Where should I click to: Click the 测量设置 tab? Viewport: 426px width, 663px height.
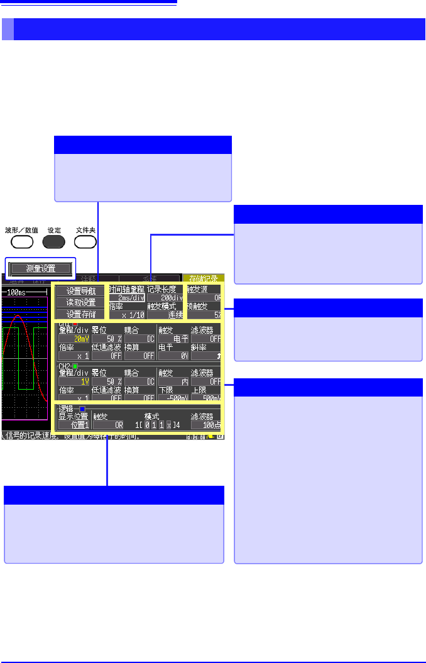41,268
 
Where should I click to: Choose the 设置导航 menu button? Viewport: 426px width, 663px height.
80,291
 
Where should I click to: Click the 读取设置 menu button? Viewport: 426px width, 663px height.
80,302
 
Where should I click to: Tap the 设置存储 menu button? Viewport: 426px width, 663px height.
80,314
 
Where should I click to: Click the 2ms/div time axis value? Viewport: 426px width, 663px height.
127,297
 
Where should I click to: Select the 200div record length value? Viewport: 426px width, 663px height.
166,297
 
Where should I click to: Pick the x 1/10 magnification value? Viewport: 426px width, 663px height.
127,315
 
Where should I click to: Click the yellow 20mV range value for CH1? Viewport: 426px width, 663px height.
74,338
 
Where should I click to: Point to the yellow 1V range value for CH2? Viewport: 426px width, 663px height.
74,381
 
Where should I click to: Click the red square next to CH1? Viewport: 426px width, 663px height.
75,324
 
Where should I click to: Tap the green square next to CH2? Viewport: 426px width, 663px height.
75,366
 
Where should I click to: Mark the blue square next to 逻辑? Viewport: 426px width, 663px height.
82,408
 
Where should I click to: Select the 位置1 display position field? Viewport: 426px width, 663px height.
74,425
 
